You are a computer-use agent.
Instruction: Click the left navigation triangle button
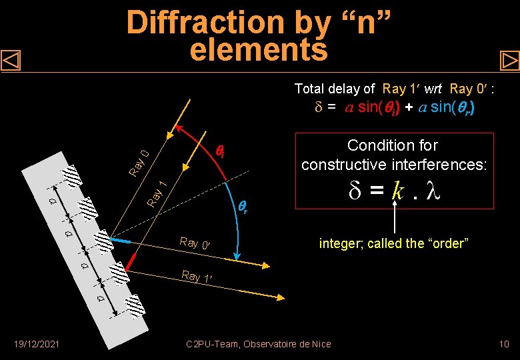click(11, 61)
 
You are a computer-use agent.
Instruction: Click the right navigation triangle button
click(509, 61)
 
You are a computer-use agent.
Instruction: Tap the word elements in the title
click(259, 49)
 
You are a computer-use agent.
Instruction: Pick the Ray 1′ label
click(199, 276)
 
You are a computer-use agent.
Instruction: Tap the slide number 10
click(504, 344)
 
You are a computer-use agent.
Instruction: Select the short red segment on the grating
click(131, 261)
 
